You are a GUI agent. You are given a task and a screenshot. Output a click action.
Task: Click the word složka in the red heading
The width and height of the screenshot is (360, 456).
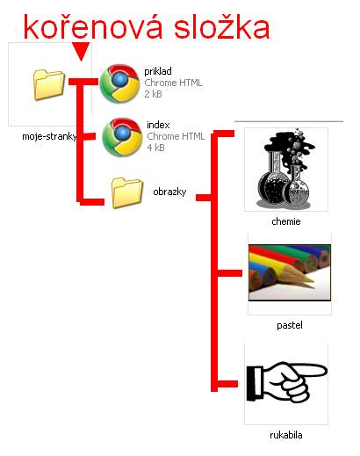[x=221, y=26]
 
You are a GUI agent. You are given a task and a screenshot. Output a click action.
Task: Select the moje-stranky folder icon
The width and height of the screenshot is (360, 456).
[x=49, y=84]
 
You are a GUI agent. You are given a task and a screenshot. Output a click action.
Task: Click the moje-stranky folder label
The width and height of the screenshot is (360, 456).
[x=49, y=136]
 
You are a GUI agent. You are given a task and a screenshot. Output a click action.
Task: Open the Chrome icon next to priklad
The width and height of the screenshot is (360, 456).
[x=119, y=83]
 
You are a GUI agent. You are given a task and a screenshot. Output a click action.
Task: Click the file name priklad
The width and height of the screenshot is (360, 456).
[x=158, y=72]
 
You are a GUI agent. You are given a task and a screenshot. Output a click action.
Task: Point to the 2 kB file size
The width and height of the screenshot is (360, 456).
[x=153, y=94]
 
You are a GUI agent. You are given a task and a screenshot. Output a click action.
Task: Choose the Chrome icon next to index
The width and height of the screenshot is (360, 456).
[x=122, y=137]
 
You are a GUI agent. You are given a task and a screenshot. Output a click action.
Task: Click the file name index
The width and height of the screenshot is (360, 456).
[x=158, y=125]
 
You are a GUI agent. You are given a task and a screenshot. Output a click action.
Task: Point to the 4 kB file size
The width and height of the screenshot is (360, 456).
[x=155, y=148]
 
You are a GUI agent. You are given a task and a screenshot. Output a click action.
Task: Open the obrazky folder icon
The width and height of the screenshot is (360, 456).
[x=127, y=192]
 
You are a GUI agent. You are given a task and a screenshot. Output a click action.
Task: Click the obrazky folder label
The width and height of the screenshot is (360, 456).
[x=169, y=192]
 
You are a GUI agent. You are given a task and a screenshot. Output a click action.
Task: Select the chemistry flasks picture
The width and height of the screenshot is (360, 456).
[x=286, y=169]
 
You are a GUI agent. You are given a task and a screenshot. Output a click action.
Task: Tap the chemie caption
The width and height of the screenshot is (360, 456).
[x=286, y=221]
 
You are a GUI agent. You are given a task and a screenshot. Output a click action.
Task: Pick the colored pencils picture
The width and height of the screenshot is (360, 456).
[x=290, y=273]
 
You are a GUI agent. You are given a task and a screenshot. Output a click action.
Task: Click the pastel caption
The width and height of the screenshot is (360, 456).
[x=290, y=325]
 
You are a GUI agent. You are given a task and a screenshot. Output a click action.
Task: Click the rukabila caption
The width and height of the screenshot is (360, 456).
[x=286, y=435]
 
